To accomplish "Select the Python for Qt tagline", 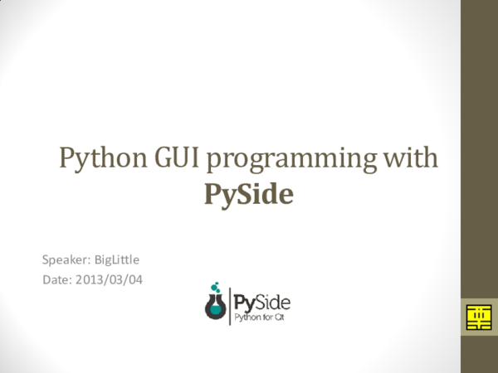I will pyautogui.click(x=261, y=316).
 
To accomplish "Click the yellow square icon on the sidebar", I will pyautogui.click(x=477, y=317).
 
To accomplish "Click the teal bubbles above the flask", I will pyautogui.click(x=216, y=286).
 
